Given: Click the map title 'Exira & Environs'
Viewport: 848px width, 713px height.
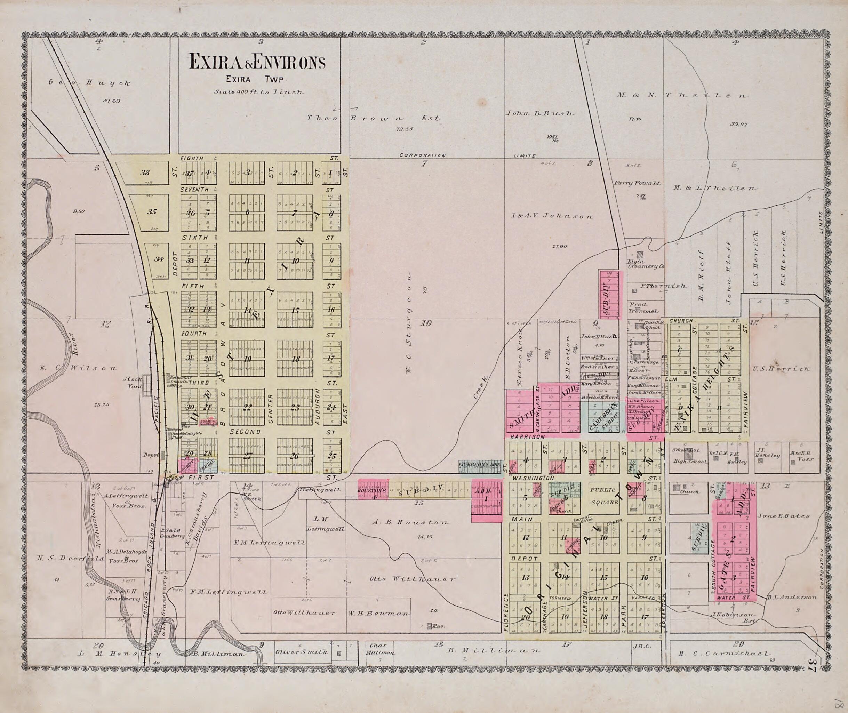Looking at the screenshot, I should pyautogui.click(x=257, y=62).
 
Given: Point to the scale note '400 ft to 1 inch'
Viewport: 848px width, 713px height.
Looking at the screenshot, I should pyautogui.click(x=259, y=92).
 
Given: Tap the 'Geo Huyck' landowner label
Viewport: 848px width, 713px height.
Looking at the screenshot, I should pyautogui.click(x=90, y=83).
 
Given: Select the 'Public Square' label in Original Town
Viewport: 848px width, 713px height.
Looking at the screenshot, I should pyautogui.click(x=604, y=496).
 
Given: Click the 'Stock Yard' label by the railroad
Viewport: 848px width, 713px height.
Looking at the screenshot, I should pyautogui.click(x=134, y=382).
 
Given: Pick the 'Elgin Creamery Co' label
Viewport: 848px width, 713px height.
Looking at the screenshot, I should pyautogui.click(x=645, y=264).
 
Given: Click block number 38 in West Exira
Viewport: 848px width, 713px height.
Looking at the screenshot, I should pyautogui.click(x=145, y=173).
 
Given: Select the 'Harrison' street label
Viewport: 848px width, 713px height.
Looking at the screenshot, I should pyautogui.click(x=527, y=437).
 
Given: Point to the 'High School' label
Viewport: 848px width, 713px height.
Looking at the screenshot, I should pyautogui.click(x=689, y=462).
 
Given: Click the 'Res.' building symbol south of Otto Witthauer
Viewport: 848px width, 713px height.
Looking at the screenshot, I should pyautogui.click(x=429, y=626).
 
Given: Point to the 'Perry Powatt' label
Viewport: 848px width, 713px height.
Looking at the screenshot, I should pyautogui.click(x=637, y=183).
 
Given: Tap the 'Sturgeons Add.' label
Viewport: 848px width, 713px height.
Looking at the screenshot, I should pyautogui.click(x=479, y=464).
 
